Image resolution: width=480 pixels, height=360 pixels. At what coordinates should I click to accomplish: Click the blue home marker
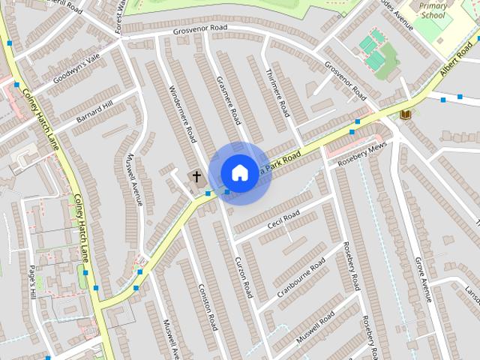[x=239, y=172]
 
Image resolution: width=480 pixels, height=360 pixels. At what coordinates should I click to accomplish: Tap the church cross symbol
[x=197, y=178]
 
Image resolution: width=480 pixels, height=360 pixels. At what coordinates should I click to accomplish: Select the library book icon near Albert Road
[x=406, y=114]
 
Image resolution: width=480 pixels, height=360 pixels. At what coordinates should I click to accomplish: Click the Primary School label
[x=432, y=10]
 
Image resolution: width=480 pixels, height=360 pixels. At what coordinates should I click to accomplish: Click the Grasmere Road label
[x=226, y=100]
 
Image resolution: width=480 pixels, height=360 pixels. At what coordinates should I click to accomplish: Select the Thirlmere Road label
[x=277, y=93]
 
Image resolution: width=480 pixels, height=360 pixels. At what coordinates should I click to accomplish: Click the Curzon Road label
[x=243, y=275]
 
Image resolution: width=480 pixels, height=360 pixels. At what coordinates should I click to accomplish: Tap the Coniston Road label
[x=207, y=307]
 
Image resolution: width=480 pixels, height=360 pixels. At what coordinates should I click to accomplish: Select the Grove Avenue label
[x=424, y=279]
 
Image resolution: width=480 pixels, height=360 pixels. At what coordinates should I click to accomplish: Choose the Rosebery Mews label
[x=362, y=152]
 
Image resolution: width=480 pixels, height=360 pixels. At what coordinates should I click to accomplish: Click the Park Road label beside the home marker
[x=285, y=160]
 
